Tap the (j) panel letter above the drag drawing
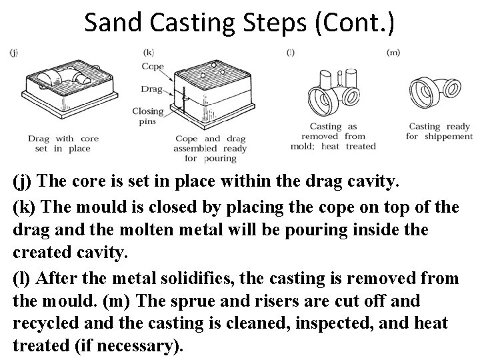click(x=14, y=53)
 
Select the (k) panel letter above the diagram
click(x=149, y=52)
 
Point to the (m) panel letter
click(x=393, y=52)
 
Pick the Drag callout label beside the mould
click(x=151, y=89)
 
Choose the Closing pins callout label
click(x=147, y=117)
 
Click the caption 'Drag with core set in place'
click(x=63, y=143)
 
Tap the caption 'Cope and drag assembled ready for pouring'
click(x=210, y=149)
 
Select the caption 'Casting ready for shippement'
click(x=439, y=131)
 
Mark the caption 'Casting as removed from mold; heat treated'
click(x=334, y=136)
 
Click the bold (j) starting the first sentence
click(x=23, y=181)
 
